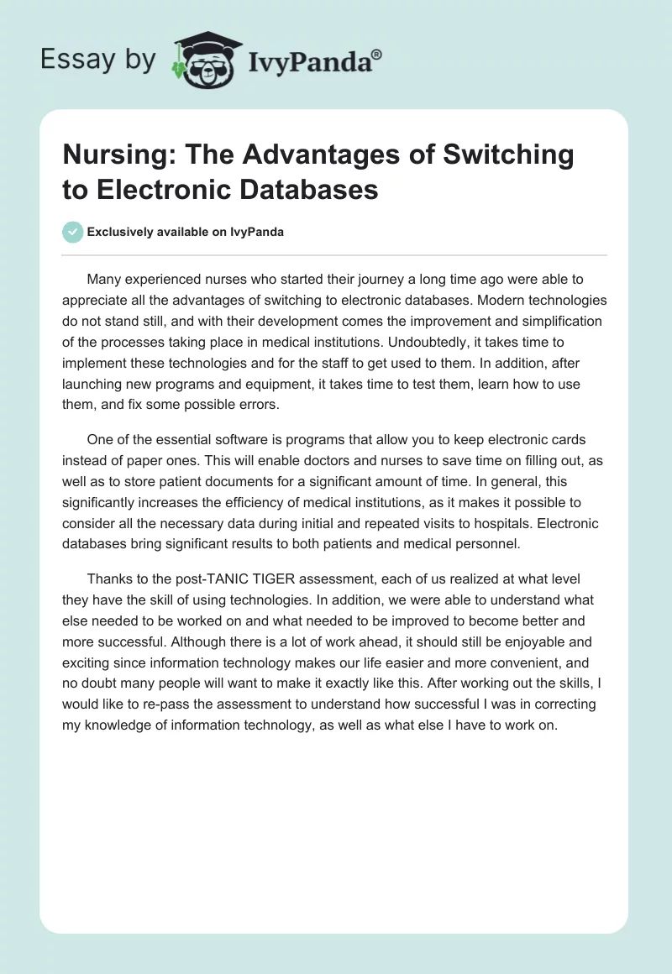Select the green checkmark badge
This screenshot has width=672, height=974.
click(73, 233)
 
